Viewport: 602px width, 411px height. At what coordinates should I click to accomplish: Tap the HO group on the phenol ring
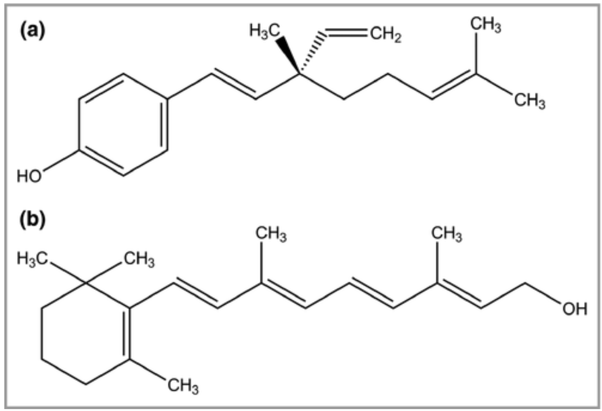(29, 176)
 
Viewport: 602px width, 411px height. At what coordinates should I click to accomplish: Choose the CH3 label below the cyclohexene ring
(182, 384)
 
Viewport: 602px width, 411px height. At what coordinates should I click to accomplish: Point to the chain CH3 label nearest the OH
(447, 235)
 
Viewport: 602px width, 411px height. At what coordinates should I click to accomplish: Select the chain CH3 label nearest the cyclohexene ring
(271, 235)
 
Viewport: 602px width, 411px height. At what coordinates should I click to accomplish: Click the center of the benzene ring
(123, 125)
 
